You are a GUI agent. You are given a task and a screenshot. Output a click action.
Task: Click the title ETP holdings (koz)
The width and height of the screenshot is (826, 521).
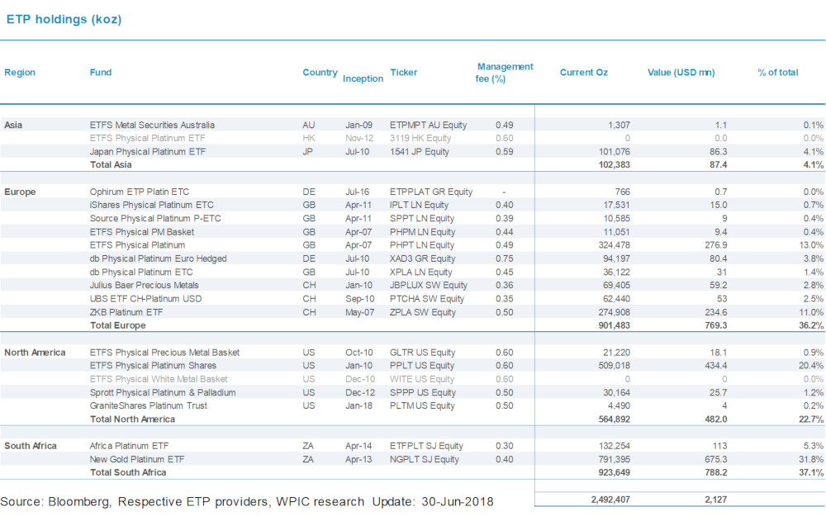pyautogui.click(x=64, y=20)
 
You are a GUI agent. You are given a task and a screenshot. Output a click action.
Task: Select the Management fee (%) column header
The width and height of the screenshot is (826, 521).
pyautogui.click(x=504, y=73)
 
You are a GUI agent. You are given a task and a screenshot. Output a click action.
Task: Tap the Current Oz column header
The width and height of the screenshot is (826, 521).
pyautogui.click(x=584, y=73)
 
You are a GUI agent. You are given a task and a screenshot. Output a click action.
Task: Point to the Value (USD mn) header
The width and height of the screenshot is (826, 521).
pyautogui.click(x=681, y=73)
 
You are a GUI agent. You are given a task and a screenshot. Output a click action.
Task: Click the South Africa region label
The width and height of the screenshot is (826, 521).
pyautogui.click(x=31, y=446)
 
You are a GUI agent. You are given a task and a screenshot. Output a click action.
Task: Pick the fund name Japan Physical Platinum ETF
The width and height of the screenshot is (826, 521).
pyautogui.click(x=148, y=152)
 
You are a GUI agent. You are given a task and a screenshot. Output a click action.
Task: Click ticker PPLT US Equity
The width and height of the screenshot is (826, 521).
pyautogui.click(x=422, y=366)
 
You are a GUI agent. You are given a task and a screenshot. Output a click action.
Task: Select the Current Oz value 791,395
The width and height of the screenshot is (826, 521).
pyautogui.click(x=615, y=459)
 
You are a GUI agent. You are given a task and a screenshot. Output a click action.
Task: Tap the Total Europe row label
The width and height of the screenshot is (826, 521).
pyautogui.click(x=117, y=325)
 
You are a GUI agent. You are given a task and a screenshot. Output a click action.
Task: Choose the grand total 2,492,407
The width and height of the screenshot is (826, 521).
pyautogui.click(x=610, y=500)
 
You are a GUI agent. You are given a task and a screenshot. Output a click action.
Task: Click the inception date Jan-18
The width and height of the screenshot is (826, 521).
pyautogui.click(x=358, y=405)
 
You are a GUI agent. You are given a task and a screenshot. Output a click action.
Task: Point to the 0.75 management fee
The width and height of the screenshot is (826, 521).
pyautogui.click(x=504, y=258)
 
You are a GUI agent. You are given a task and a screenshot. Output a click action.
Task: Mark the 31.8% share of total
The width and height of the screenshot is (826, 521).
pyautogui.click(x=811, y=459)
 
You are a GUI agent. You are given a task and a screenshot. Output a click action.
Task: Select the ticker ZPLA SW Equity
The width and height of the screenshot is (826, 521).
pyautogui.click(x=423, y=312)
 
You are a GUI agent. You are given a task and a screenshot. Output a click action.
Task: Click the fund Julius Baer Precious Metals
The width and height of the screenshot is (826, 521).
pyautogui.click(x=144, y=286)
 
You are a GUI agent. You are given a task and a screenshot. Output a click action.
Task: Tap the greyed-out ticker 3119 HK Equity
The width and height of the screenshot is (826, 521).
pyautogui.click(x=420, y=138)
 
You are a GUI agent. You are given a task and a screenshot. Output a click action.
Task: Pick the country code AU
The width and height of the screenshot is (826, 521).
pyautogui.click(x=309, y=126)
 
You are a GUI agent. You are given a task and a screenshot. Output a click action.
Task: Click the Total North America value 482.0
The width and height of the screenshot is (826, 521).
pyautogui.click(x=716, y=419)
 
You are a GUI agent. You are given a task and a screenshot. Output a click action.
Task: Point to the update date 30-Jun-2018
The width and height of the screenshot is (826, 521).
pyautogui.click(x=458, y=501)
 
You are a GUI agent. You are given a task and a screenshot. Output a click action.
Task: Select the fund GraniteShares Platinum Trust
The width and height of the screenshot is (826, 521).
pyautogui.click(x=149, y=405)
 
